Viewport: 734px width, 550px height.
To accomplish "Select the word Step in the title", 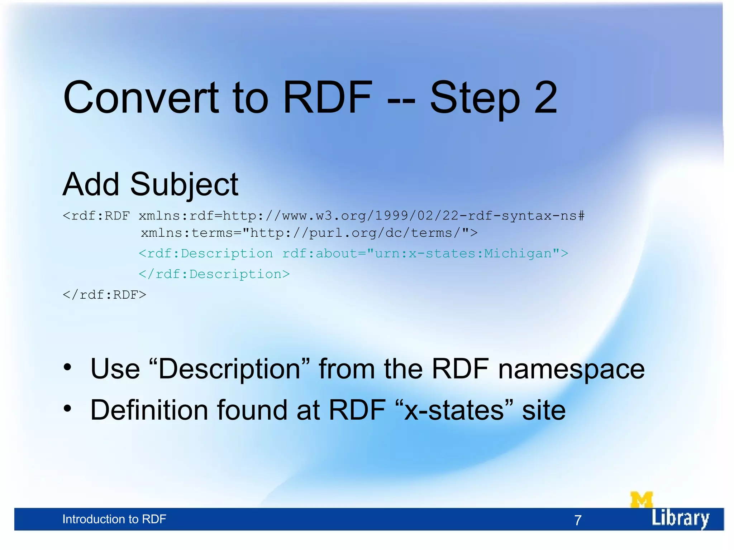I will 475,98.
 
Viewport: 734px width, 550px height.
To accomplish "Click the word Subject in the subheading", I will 184,185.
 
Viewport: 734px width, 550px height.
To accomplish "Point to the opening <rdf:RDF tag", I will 96,216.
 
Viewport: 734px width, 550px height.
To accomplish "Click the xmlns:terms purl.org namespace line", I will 309,233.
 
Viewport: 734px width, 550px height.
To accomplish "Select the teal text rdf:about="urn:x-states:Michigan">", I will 425,254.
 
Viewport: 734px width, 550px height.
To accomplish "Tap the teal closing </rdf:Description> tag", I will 214,274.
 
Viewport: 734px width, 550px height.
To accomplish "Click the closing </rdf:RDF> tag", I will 104,295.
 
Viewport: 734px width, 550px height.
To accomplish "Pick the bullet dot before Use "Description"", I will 67,367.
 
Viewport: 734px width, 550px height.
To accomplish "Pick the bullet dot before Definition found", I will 67,408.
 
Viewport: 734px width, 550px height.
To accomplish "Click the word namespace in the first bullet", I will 571,370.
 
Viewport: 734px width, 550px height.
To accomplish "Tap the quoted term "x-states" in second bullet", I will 454,410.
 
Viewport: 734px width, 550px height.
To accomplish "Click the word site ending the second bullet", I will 543,410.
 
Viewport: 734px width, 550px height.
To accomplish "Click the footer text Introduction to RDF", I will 114,519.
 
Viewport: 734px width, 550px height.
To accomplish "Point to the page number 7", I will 578,520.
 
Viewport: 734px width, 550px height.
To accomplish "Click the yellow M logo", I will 641,500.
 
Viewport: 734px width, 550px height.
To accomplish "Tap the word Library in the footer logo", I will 680,518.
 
